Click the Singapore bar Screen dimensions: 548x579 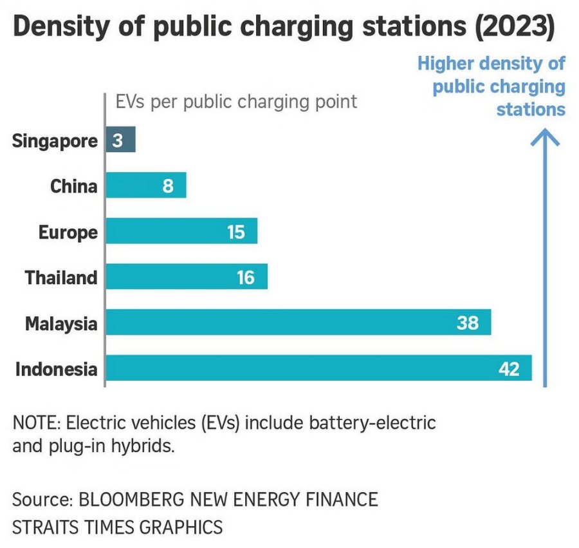(121, 140)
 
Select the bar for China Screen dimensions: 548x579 (146, 185)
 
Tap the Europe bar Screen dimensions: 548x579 (181, 231)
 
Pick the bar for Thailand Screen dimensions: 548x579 (187, 277)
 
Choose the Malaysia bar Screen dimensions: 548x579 (298, 323)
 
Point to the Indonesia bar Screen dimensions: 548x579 (318, 368)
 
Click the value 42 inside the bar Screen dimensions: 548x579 (509, 369)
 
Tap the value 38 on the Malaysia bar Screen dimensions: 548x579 (468, 323)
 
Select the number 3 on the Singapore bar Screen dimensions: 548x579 (117, 140)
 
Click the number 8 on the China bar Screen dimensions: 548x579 (168, 186)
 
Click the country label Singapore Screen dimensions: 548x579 (55, 141)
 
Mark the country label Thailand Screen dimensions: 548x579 (61, 278)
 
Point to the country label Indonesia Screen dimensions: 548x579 (57, 370)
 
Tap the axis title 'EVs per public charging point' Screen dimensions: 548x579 (235, 102)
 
